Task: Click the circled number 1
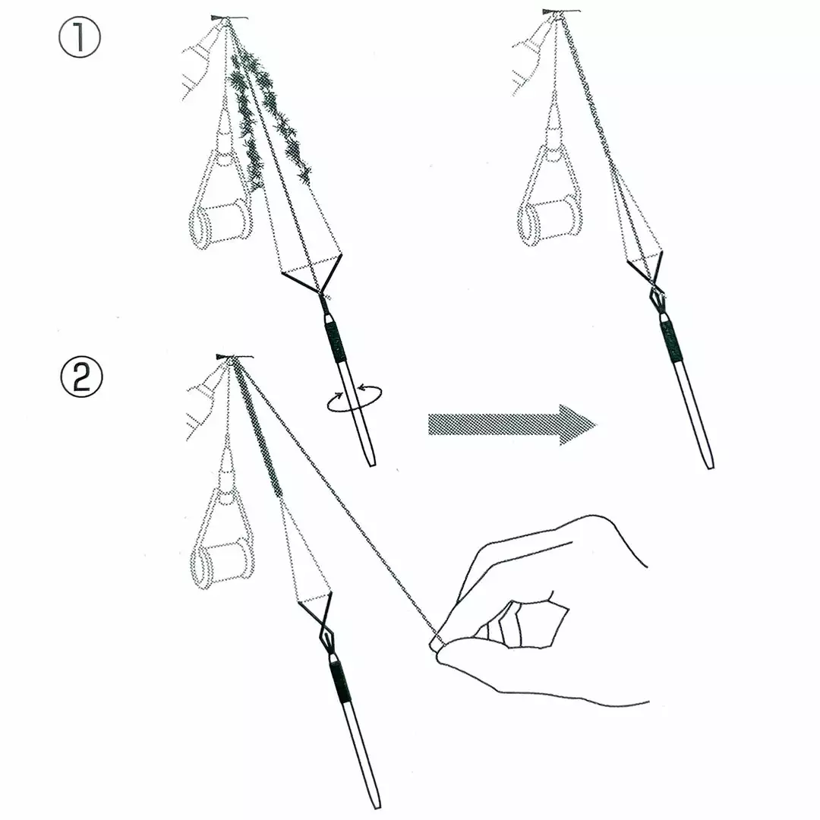pos(80,37)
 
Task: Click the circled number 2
pos(80,377)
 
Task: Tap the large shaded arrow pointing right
pos(512,424)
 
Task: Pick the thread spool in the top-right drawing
pos(550,221)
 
